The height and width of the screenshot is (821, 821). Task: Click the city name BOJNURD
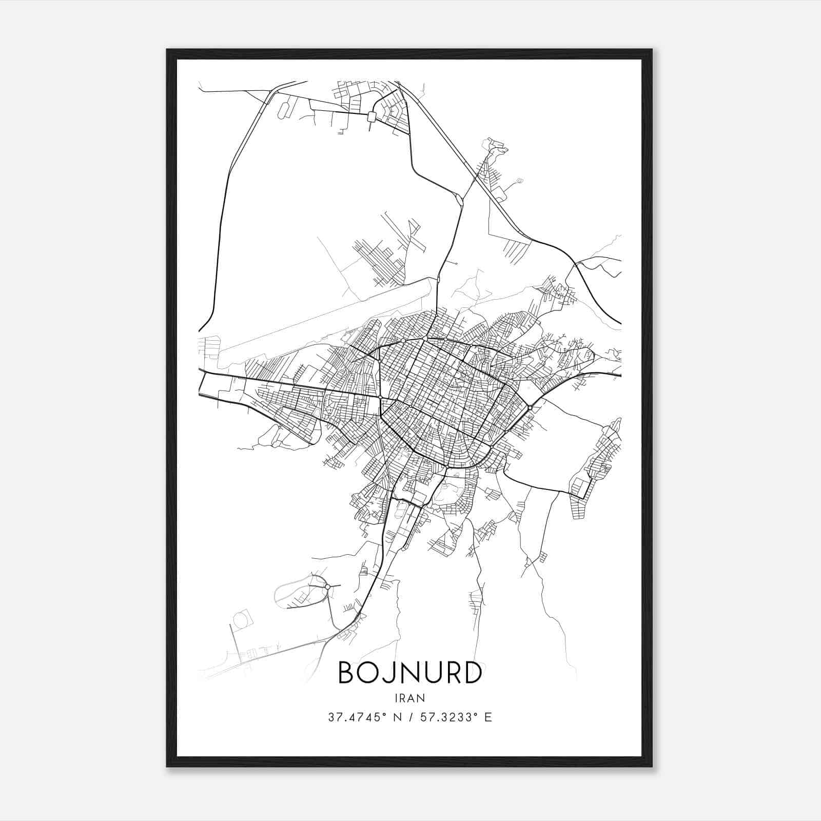(410, 673)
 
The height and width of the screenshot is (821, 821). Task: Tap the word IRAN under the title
(410, 698)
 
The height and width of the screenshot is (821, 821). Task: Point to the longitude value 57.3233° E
(456, 717)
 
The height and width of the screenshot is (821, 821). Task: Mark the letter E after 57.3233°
(488, 717)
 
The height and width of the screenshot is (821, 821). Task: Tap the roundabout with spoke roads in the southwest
(327, 586)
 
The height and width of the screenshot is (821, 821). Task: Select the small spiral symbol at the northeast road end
(520, 180)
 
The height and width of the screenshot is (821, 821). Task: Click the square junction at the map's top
(372, 117)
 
